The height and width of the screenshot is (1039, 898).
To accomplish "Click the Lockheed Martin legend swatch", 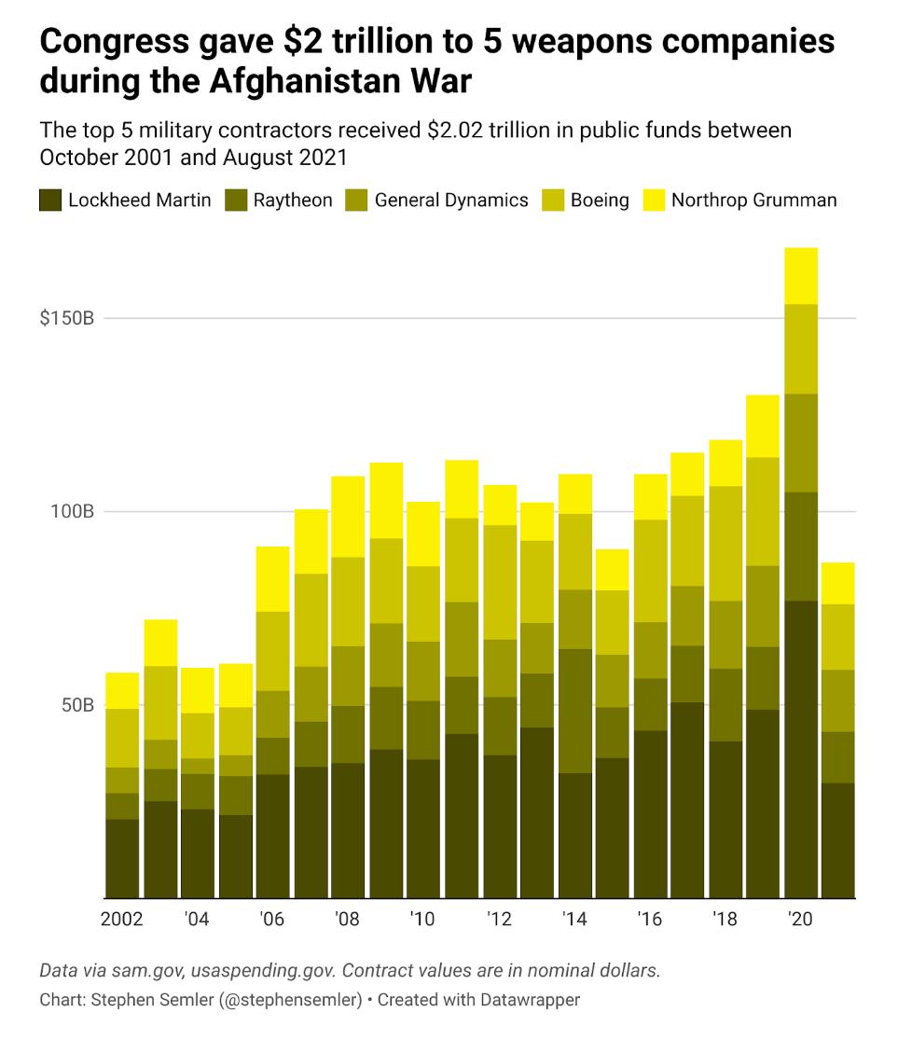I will (50, 200).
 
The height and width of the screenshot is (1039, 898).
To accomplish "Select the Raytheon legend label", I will (293, 200).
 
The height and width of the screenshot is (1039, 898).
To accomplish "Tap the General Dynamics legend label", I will (451, 200).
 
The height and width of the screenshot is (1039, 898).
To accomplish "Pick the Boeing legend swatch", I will (554, 200).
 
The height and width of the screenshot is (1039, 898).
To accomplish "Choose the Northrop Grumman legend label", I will (753, 200).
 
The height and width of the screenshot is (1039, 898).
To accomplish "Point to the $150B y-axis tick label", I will (67, 318).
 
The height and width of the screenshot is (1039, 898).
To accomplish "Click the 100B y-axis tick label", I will (71, 511).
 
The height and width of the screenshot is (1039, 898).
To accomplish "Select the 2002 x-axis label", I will (122, 920).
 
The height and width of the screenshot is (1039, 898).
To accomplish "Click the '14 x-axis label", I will (574, 920).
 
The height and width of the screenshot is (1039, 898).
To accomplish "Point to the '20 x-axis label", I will (800, 920).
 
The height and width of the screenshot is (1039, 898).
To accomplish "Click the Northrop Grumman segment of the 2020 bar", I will (801, 275).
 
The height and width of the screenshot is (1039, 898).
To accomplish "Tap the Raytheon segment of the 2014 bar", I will (575, 711).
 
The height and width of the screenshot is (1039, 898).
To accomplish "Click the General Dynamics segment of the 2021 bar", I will (838, 700).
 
